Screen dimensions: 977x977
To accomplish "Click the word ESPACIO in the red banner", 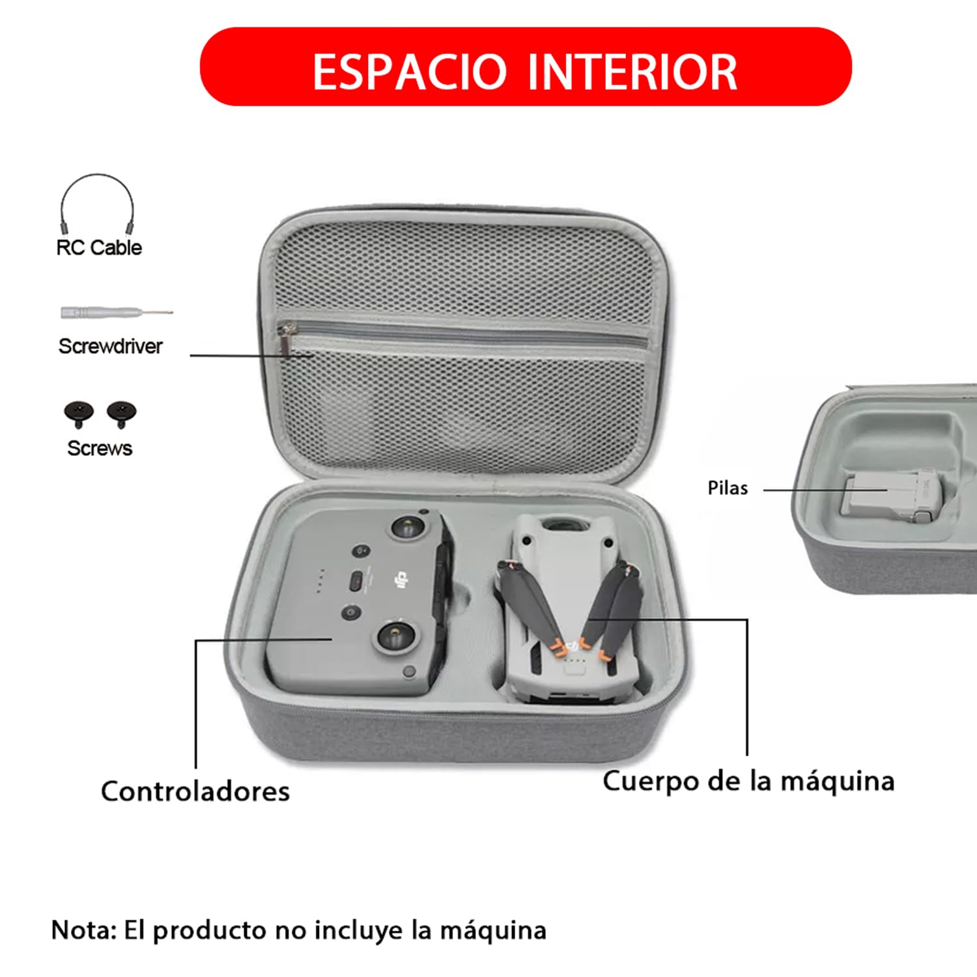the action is pos(410,71).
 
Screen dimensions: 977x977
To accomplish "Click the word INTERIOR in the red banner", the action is pos(632,71).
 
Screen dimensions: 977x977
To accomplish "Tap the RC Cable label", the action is pos(99,248).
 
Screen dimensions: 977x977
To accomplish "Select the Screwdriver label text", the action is pos(111,346).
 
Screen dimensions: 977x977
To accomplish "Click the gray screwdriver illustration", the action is pos(117,313).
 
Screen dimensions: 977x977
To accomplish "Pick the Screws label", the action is pos(100,448).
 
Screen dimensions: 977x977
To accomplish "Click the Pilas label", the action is pos(728,488).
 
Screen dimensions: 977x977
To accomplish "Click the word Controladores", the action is pos(195,791).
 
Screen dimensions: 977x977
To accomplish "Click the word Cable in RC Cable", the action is pos(117,248).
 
